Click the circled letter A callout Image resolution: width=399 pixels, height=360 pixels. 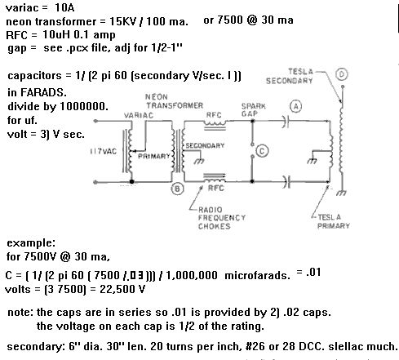pos(296,106)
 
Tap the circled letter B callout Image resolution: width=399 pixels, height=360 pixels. pos(177,189)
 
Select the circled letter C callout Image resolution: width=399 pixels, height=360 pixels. pos(262,151)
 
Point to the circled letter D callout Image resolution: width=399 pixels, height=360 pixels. pos(342,74)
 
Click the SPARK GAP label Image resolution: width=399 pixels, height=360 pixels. pos(253,109)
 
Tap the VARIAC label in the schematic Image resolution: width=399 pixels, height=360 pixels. pos(139,115)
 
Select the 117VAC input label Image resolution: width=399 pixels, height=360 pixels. pos(104,151)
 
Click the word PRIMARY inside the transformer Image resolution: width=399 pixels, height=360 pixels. pos(154,156)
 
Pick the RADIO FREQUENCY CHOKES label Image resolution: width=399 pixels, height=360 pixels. pos(222,218)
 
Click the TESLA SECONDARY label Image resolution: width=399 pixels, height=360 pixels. pos(290,76)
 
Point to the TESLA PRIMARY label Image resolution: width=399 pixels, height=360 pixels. pos(334,221)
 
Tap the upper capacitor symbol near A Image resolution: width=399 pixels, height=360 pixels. pos(285,122)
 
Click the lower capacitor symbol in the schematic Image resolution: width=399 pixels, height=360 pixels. pos(286,182)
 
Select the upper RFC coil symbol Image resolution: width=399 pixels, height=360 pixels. pos(215,125)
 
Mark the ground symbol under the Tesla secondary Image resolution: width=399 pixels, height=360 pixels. pos(341,193)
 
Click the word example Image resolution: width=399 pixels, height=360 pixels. pos(31,243)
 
